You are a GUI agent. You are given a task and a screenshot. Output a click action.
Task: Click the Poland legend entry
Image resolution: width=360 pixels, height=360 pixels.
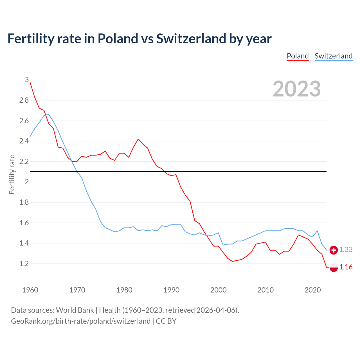click(x=298, y=56)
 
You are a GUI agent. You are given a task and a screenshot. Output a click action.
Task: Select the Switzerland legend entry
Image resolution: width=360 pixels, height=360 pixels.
click(x=333, y=56)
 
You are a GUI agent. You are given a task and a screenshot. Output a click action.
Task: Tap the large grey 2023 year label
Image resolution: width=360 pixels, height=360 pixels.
click(x=296, y=89)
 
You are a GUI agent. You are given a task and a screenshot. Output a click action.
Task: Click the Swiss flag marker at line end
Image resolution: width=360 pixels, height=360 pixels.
click(x=334, y=250)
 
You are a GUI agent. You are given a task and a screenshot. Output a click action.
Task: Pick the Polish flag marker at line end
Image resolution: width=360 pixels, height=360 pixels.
click(x=334, y=267)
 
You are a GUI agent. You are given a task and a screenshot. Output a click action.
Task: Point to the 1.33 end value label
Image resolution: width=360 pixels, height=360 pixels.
click(x=346, y=250)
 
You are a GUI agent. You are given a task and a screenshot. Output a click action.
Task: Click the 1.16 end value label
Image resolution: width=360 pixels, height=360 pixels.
click(x=346, y=267)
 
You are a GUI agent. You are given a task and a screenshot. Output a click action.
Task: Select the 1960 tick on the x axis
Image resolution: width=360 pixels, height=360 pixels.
click(x=30, y=290)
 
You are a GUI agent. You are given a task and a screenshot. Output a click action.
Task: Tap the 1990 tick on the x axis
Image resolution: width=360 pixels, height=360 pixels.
click(x=171, y=290)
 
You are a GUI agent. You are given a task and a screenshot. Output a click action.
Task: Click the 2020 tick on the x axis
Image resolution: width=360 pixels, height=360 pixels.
click(x=312, y=290)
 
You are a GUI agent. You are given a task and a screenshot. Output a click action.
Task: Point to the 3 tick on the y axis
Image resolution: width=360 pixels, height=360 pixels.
click(x=27, y=80)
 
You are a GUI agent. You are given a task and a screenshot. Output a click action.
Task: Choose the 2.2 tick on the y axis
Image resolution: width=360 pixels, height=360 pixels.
click(x=24, y=162)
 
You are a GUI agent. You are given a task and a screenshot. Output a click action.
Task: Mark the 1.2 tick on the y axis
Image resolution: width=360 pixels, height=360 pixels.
click(x=24, y=264)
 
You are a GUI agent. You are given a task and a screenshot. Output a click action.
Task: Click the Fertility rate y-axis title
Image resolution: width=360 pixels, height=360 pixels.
click(x=12, y=174)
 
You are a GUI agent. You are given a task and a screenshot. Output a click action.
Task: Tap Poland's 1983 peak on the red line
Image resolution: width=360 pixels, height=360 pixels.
click(x=138, y=139)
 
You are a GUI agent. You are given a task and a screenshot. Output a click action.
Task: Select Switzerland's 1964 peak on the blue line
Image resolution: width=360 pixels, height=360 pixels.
click(x=49, y=114)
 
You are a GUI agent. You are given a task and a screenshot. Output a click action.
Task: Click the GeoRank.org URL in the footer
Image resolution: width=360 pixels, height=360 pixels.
click(x=81, y=321)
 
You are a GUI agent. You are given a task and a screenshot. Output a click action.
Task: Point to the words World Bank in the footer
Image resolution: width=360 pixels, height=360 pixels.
click(x=75, y=310)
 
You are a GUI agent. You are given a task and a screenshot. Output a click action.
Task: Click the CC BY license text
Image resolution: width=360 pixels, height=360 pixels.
click(x=166, y=321)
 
